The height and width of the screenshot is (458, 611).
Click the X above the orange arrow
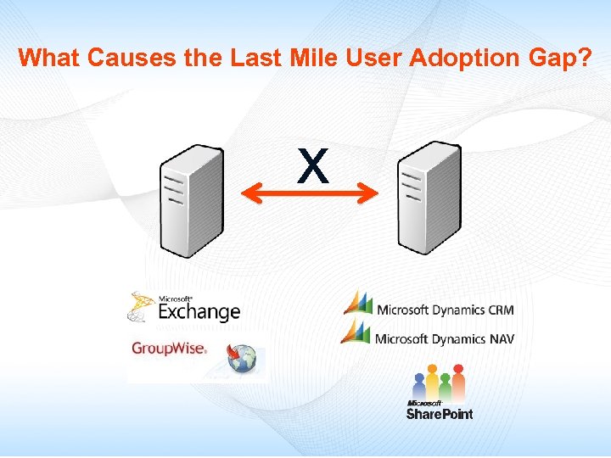point(312,166)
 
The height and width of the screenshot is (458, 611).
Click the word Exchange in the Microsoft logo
point(199,312)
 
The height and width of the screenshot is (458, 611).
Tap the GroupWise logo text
point(168,348)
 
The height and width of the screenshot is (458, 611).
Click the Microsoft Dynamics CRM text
point(445,310)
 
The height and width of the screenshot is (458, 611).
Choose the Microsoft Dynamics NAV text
point(445,339)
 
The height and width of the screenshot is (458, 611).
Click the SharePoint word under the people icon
point(439,413)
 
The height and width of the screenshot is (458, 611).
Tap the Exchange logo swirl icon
point(142,307)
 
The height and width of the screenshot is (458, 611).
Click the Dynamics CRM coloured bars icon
point(357,303)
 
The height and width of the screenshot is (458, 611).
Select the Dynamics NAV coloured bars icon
point(357,332)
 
